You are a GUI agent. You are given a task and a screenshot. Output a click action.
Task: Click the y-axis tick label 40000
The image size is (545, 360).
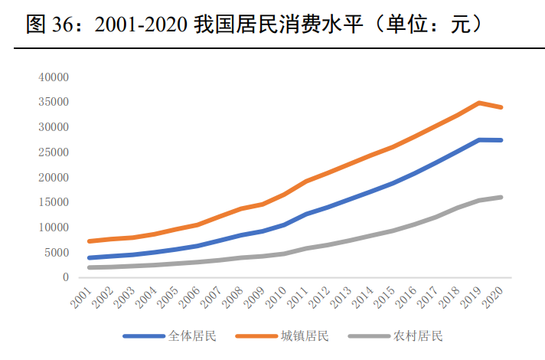[x=54, y=77]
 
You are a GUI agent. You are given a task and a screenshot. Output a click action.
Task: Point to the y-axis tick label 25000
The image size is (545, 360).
[x=54, y=152]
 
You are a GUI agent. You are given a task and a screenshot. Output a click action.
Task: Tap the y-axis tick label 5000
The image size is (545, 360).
[x=57, y=253]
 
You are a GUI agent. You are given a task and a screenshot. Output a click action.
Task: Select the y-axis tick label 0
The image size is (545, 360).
[x=66, y=278]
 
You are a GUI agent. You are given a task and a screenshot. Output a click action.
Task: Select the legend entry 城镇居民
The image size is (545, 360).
[x=304, y=336]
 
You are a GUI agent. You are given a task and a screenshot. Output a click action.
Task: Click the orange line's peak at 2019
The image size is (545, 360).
[x=479, y=103]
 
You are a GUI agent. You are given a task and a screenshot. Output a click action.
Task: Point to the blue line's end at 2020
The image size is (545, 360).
[x=501, y=140]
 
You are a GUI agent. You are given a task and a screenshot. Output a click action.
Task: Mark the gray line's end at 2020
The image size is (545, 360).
[x=501, y=197]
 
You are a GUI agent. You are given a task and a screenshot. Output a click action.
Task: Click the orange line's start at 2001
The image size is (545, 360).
[x=90, y=241]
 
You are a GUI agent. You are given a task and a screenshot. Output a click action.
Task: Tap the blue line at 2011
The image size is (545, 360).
[x=306, y=214]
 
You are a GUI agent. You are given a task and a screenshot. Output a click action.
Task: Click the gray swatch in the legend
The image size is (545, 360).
[x=369, y=336]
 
